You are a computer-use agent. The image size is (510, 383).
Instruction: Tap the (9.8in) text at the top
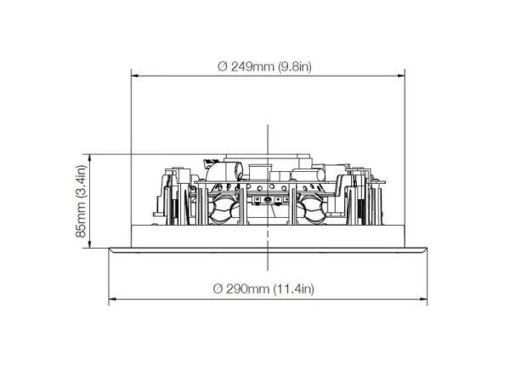click(x=295, y=66)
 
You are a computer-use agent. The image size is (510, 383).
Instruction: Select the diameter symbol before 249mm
click(x=223, y=66)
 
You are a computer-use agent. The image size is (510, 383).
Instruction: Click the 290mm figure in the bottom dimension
click(x=248, y=289)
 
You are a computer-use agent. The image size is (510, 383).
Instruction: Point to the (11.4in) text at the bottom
click(x=294, y=289)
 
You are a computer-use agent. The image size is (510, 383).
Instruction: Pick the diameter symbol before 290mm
click(x=218, y=289)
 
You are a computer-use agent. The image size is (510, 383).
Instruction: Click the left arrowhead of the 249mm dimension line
click(x=134, y=76)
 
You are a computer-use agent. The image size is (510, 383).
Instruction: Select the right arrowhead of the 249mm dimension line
click(x=401, y=76)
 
